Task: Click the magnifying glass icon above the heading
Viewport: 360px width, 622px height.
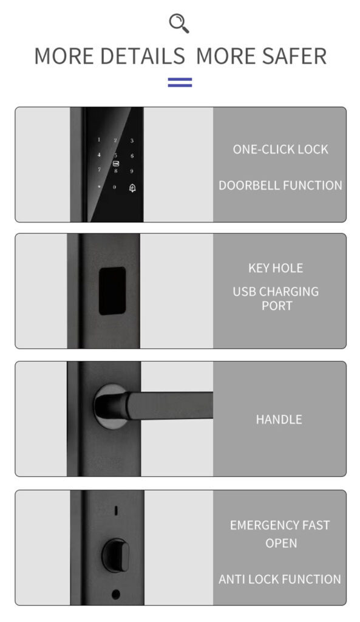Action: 179,23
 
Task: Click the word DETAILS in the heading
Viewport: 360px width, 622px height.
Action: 143,56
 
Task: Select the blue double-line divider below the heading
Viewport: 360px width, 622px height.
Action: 180,82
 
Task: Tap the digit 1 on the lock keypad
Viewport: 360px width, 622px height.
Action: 99,140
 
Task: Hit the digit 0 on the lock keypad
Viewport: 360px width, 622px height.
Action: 115,187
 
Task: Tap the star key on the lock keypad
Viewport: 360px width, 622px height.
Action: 99,186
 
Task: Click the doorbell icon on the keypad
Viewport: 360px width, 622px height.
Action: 133,188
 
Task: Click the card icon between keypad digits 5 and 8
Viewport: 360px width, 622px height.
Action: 116,163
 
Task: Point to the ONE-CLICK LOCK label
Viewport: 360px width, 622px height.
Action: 280,149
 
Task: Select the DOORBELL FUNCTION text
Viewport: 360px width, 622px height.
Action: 280,185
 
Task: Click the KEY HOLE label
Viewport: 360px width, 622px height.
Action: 276,268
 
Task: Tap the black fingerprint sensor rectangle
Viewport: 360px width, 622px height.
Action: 112,291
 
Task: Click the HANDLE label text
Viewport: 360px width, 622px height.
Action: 279,419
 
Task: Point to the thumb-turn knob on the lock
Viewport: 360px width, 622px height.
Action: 116,555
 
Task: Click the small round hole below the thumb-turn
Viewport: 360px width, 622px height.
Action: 116,594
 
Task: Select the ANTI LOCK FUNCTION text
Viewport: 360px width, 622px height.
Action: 279,579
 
